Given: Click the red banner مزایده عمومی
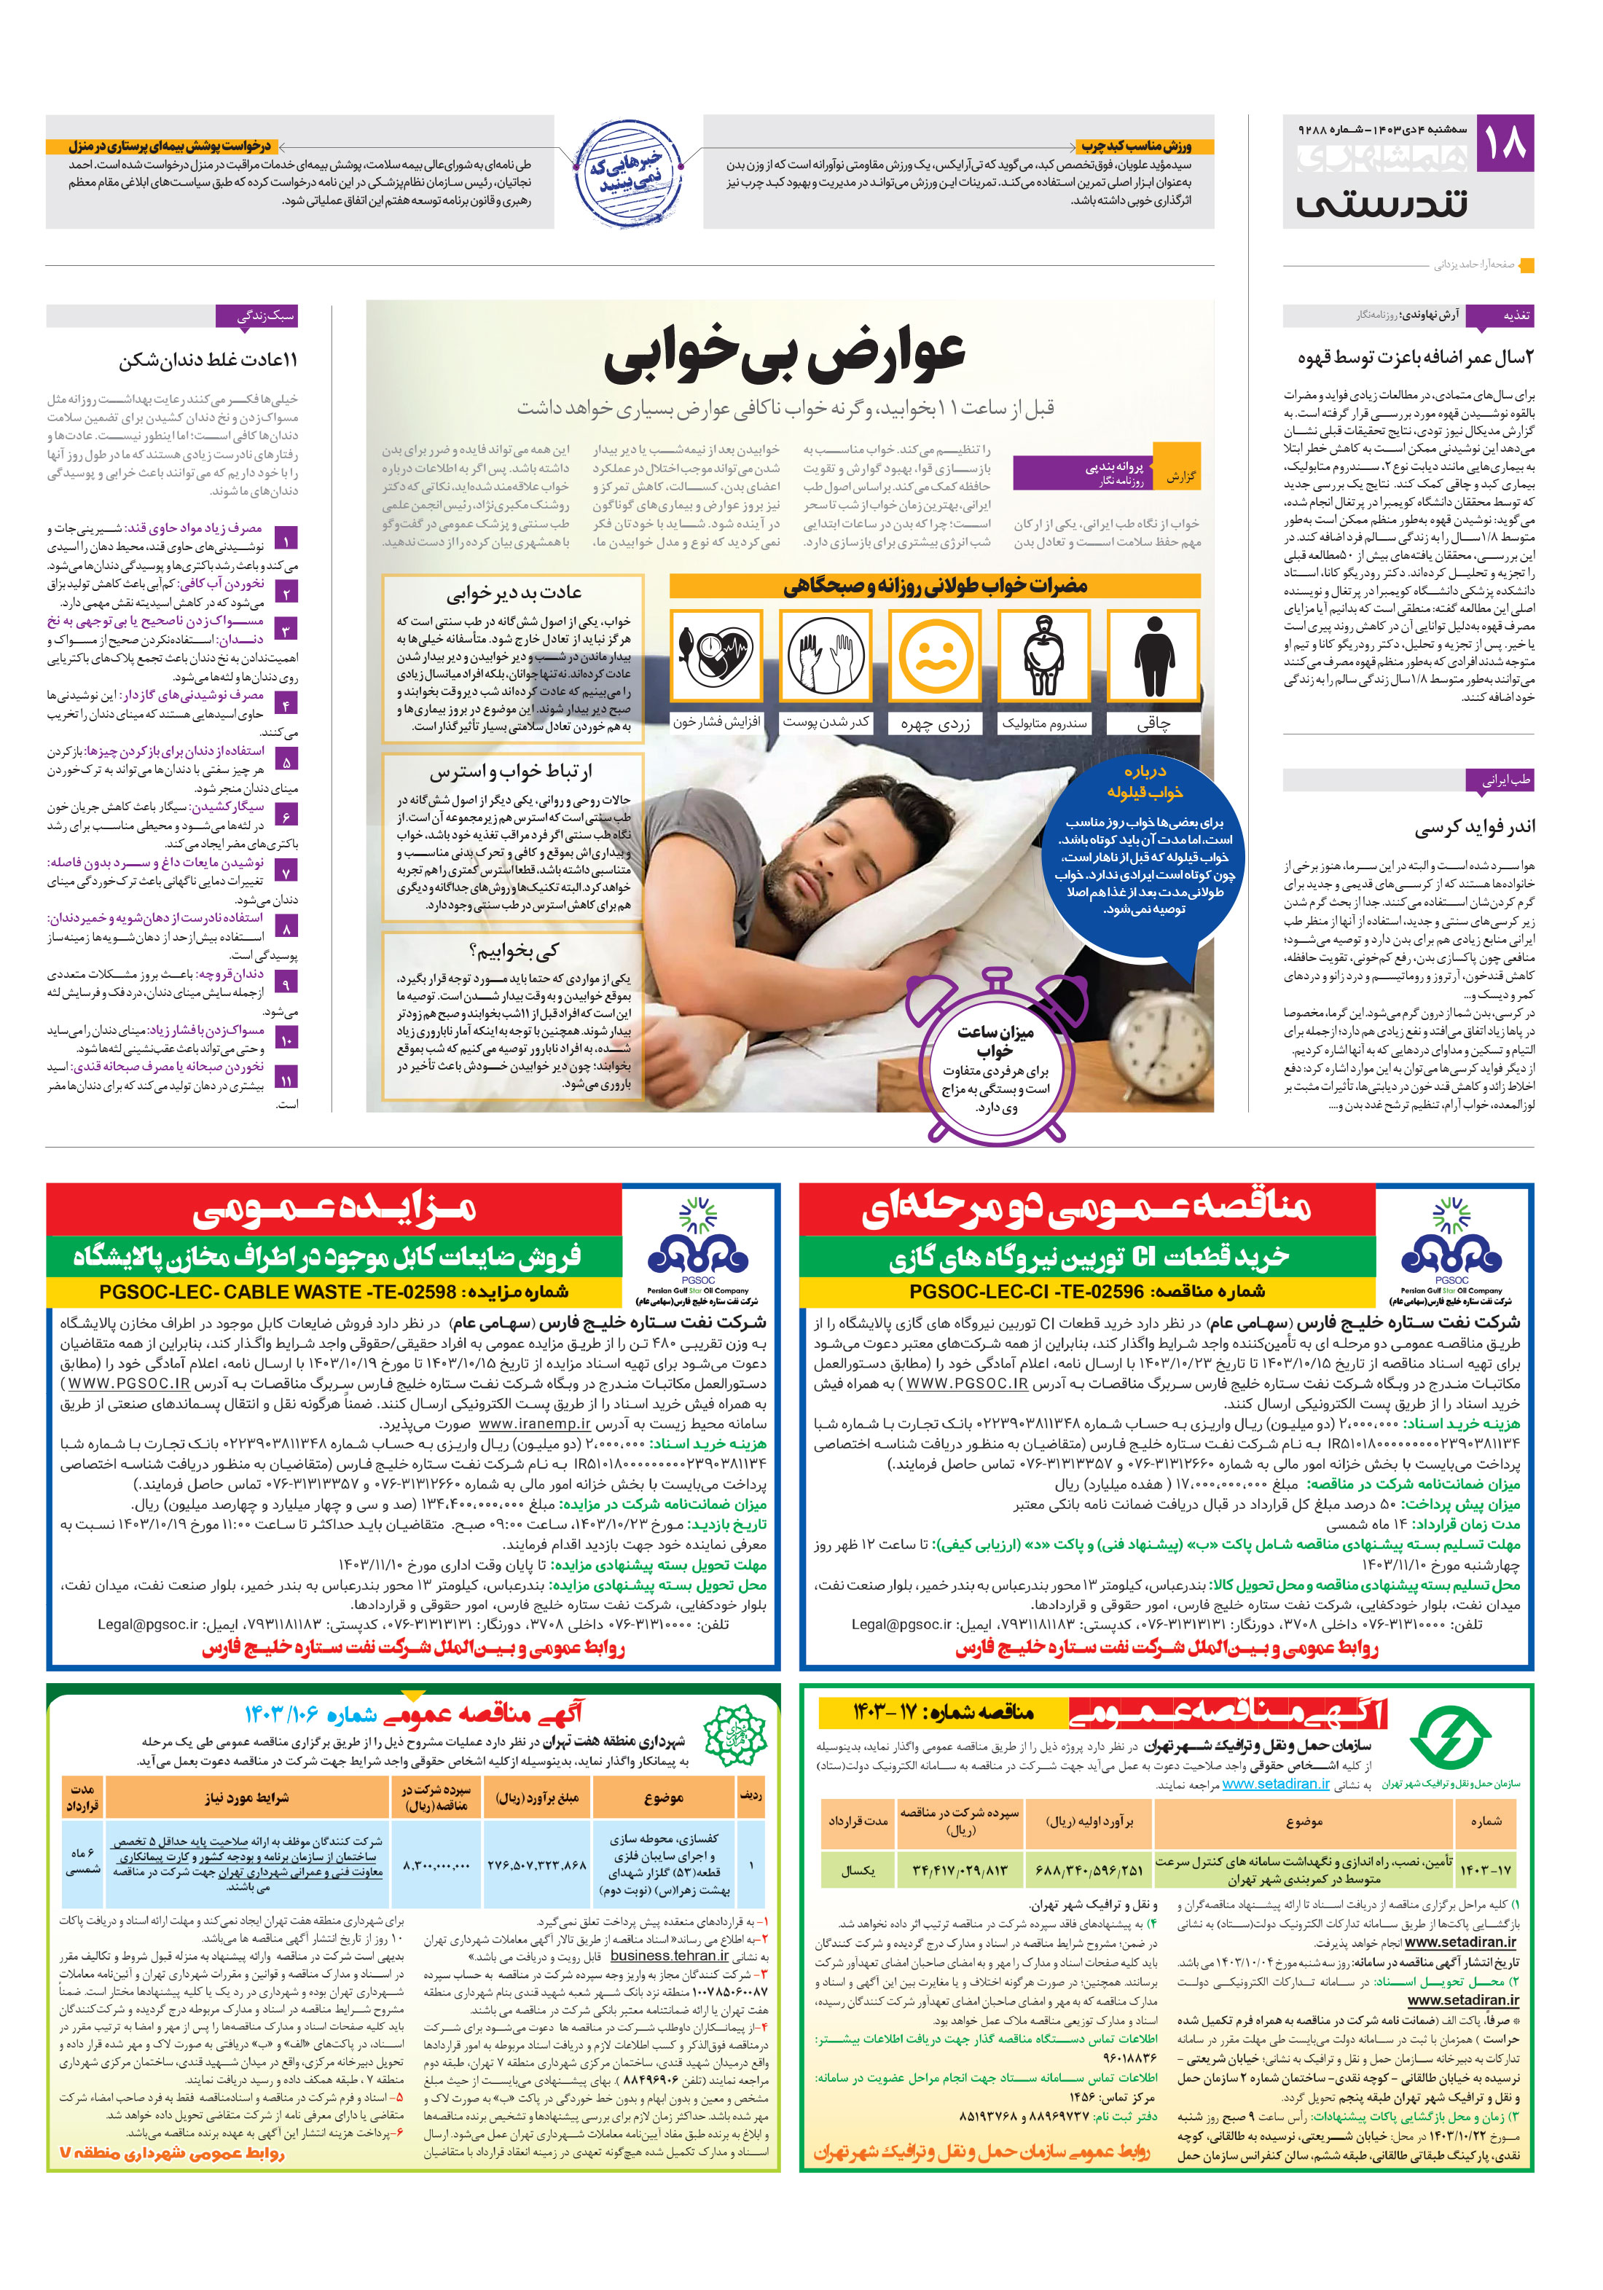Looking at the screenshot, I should (x=334, y=1209).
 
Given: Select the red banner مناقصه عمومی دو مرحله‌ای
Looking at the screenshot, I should (x=1085, y=1209).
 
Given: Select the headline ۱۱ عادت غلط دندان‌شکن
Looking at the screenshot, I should (x=208, y=360).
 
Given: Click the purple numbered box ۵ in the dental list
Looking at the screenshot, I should (x=286, y=761).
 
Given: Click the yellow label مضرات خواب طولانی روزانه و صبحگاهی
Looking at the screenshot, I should (x=935, y=586).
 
